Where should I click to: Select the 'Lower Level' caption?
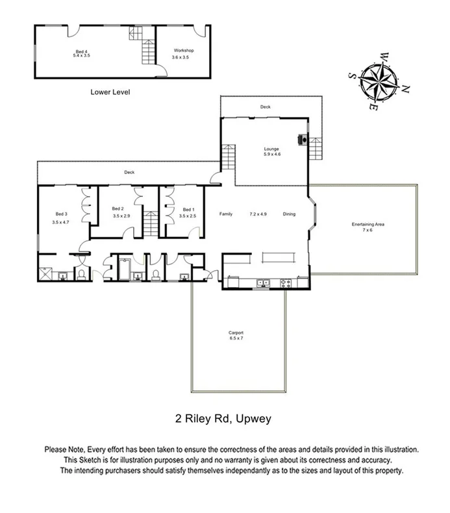click(x=110, y=92)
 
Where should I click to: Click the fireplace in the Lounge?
click(x=303, y=140)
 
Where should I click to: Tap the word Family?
click(x=226, y=214)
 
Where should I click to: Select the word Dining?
click(x=289, y=214)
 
